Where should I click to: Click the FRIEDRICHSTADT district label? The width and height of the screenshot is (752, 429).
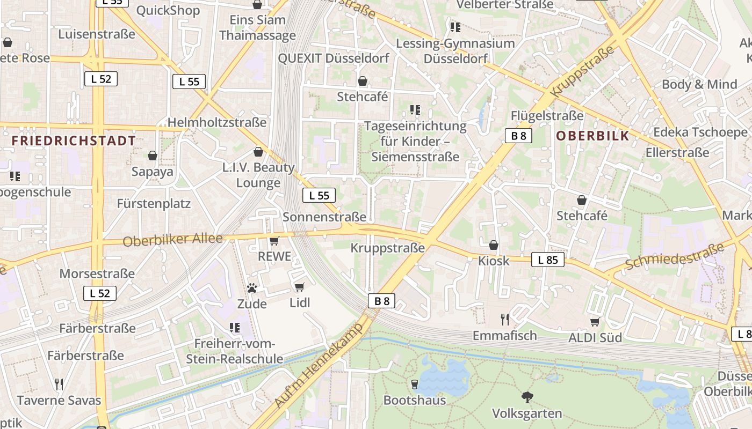pyautogui.click(x=74, y=141)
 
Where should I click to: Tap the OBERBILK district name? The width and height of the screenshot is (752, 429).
pyautogui.click(x=592, y=136)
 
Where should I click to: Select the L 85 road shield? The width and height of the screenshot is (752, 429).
pyautogui.click(x=548, y=260)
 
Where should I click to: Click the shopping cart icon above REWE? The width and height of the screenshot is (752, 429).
pyautogui.click(x=274, y=241)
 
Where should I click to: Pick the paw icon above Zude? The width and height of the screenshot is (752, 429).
pyautogui.click(x=252, y=288)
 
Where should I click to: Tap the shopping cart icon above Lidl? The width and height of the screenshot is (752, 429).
pyautogui.click(x=300, y=287)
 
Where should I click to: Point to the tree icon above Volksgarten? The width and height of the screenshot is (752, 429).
pyautogui.click(x=527, y=397)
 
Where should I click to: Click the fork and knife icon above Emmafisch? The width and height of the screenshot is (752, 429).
pyautogui.click(x=504, y=320)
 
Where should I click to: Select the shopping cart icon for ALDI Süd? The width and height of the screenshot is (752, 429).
pyautogui.click(x=595, y=322)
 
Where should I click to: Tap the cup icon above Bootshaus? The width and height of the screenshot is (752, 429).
pyautogui.click(x=414, y=384)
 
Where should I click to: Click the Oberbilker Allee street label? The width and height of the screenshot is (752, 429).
pyautogui.click(x=172, y=240)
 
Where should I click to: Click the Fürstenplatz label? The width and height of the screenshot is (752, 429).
pyautogui.click(x=154, y=204)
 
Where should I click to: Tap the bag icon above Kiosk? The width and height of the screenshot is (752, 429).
pyautogui.click(x=494, y=245)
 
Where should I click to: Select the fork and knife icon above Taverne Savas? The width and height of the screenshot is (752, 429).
pyautogui.click(x=59, y=384)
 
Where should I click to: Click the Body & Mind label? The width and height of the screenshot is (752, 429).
pyautogui.click(x=699, y=84)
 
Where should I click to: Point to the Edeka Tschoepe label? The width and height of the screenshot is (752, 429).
pyautogui.click(x=700, y=132)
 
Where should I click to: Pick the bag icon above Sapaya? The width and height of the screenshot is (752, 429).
pyautogui.click(x=153, y=156)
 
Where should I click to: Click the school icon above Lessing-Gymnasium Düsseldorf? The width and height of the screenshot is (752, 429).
pyautogui.click(x=455, y=27)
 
